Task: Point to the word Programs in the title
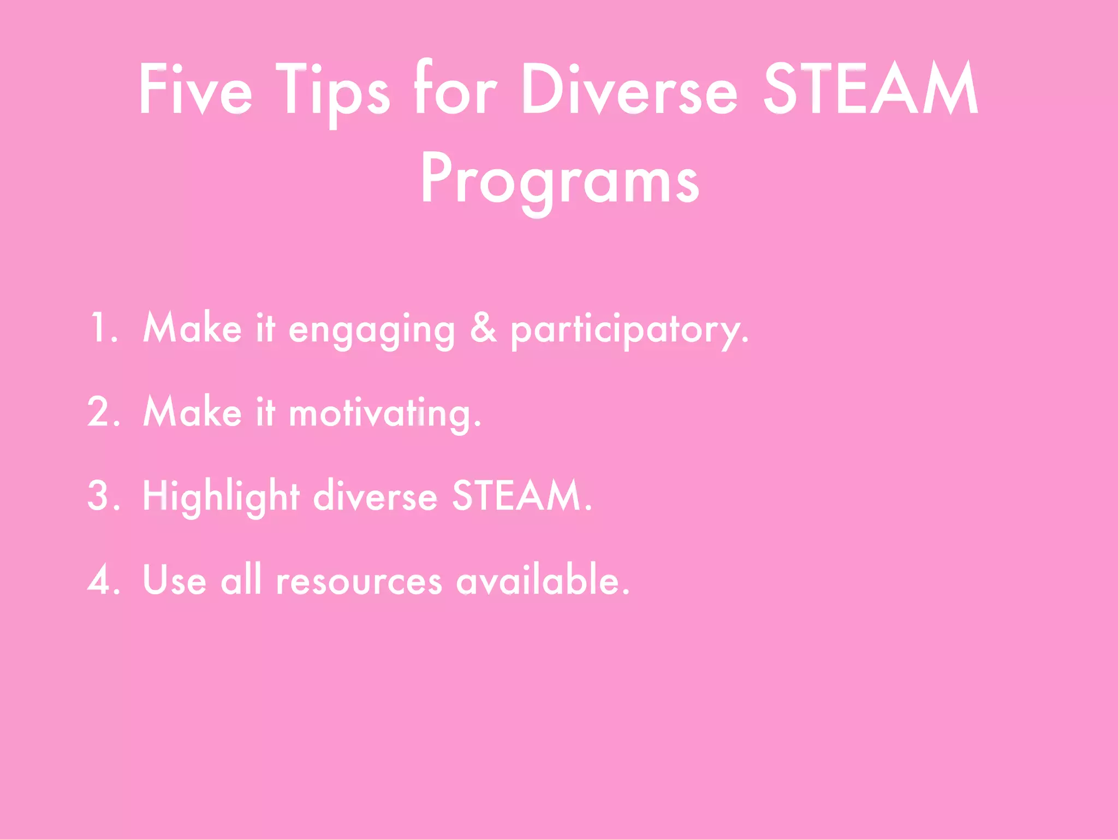pyautogui.click(x=560, y=180)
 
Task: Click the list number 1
pyautogui.click(x=103, y=328)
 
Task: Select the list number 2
pyautogui.click(x=103, y=412)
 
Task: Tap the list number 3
pyautogui.click(x=103, y=496)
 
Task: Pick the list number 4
pyautogui.click(x=103, y=580)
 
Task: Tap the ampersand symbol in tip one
pyautogui.click(x=484, y=328)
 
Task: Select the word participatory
pyautogui.click(x=629, y=330)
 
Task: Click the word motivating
pyautogui.click(x=384, y=414)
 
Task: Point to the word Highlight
pyautogui.click(x=221, y=497)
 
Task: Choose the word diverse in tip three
pyautogui.click(x=375, y=496)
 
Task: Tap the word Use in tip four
pyautogui.click(x=174, y=580)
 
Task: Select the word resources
pyautogui.click(x=359, y=581)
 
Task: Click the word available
pyautogui.click(x=543, y=580)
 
